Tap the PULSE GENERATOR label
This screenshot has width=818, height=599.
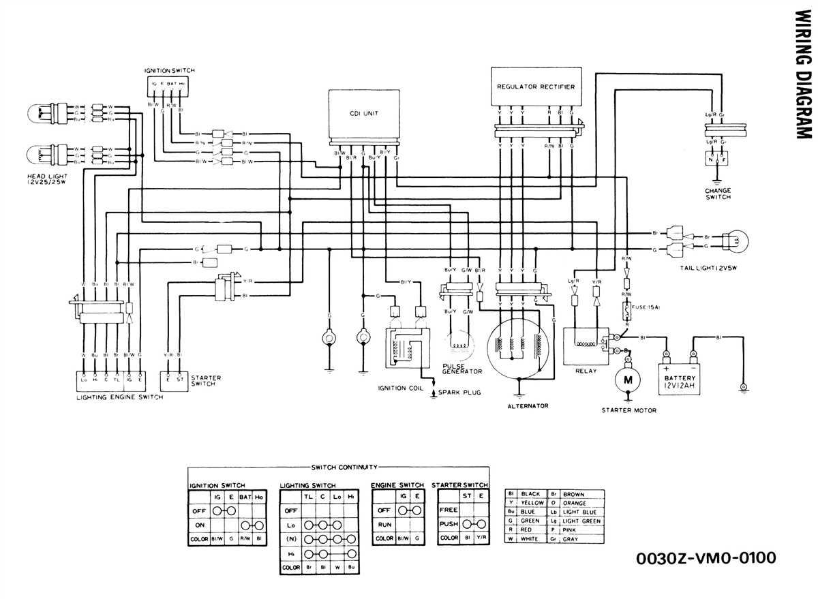[461, 368]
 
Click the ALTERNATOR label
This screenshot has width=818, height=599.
[528, 406]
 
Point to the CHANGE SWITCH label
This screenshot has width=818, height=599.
[718, 194]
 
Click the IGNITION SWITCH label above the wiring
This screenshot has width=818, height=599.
[170, 71]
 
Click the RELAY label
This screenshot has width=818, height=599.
[586, 371]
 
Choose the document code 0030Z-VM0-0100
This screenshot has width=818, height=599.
[705, 559]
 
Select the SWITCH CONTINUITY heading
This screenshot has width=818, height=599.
[344, 467]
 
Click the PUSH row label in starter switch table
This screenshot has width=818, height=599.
[449, 524]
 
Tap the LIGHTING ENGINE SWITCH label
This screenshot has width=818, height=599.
[119, 397]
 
